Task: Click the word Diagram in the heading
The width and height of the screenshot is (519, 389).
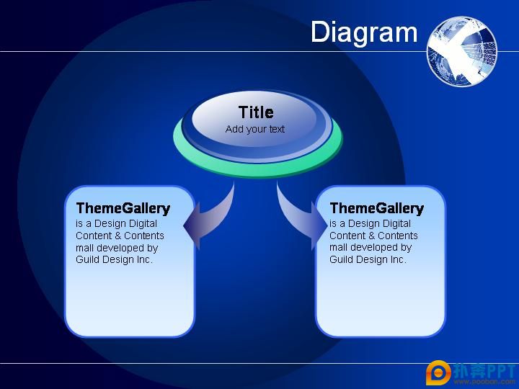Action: click(x=364, y=32)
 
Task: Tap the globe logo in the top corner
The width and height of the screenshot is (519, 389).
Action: click(x=462, y=51)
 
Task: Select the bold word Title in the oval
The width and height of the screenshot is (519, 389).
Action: click(x=256, y=112)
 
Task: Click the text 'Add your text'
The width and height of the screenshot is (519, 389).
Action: click(x=255, y=129)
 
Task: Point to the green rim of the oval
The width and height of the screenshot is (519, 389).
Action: click(x=257, y=169)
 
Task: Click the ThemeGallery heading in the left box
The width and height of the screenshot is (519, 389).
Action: click(x=123, y=208)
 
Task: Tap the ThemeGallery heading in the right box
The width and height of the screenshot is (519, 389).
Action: click(x=377, y=208)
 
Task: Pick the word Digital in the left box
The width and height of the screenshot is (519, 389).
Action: click(x=143, y=224)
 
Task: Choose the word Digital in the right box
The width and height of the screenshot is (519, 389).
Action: click(x=396, y=224)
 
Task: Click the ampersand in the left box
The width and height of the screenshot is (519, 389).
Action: click(x=117, y=236)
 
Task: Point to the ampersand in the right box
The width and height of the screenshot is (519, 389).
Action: click(x=371, y=236)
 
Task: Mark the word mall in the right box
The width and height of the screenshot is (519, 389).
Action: click(x=338, y=247)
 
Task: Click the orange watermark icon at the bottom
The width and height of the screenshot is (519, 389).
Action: click(x=438, y=373)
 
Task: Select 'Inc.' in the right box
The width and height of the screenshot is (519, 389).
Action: click(x=398, y=259)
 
